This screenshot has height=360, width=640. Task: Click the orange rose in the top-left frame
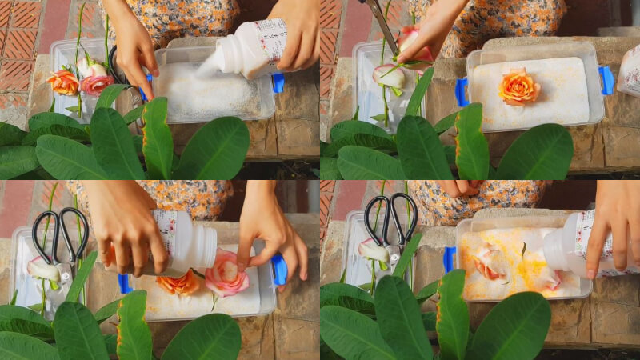pyautogui.click(x=63, y=82)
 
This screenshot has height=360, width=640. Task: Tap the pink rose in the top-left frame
pyautogui.click(x=96, y=83)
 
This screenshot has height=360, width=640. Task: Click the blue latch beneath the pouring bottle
pyautogui.click(x=278, y=82)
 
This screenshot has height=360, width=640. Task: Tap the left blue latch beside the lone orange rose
pyautogui.click(x=462, y=92)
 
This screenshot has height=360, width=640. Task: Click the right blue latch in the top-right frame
pyautogui.click(x=606, y=80)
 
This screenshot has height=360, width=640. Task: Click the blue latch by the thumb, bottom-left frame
pyautogui.click(x=278, y=270)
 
